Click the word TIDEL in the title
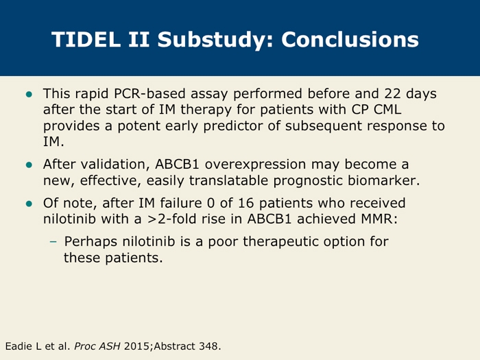pos(86,39)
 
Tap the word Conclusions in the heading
pos(350,39)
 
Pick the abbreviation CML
pos(387,109)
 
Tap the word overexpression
pos(255,165)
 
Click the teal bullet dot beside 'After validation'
pos(29,165)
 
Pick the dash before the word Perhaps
pos(53,242)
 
